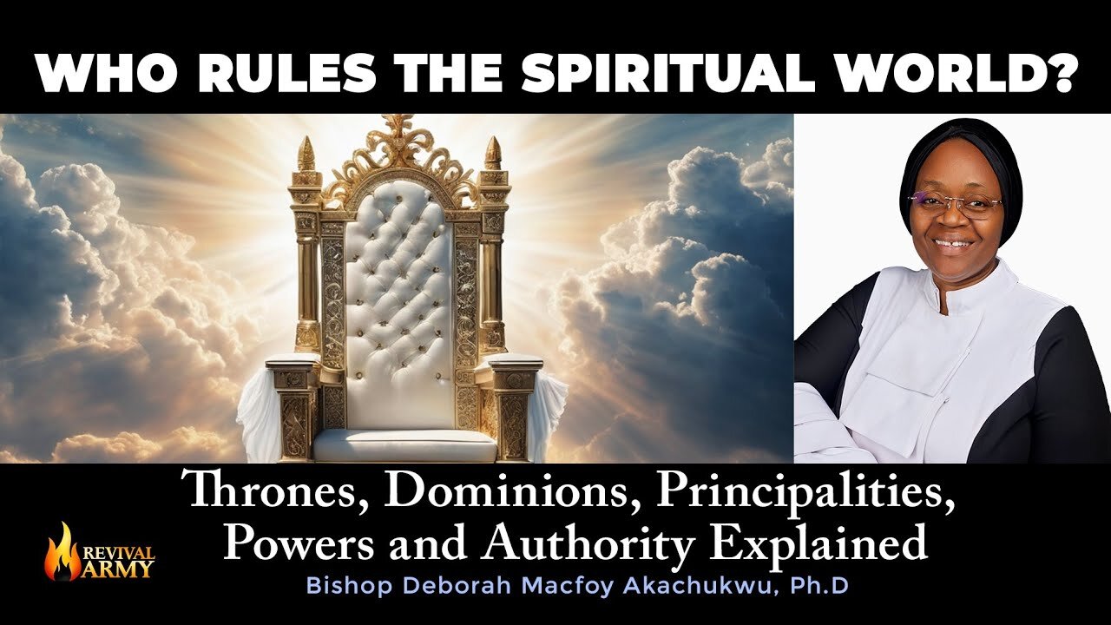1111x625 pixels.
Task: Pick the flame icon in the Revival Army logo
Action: [62, 550]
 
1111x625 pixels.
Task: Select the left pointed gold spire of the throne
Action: [306, 156]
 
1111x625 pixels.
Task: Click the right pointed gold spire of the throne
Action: [492, 156]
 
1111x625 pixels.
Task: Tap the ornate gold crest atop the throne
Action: [399, 148]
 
